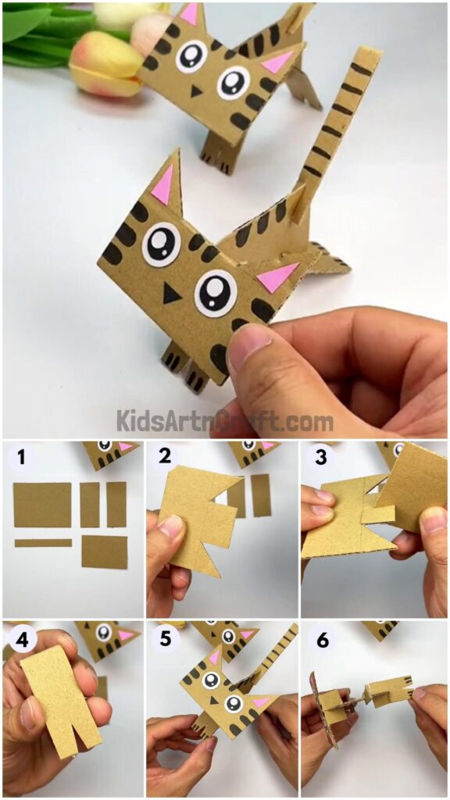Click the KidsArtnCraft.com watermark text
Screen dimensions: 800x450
(x=225, y=421)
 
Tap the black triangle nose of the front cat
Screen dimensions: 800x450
(x=170, y=293)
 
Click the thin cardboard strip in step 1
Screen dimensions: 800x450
(x=43, y=542)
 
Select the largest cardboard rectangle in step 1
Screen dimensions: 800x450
(x=42, y=504)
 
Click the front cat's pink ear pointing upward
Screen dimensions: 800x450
(x=163, y=187)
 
